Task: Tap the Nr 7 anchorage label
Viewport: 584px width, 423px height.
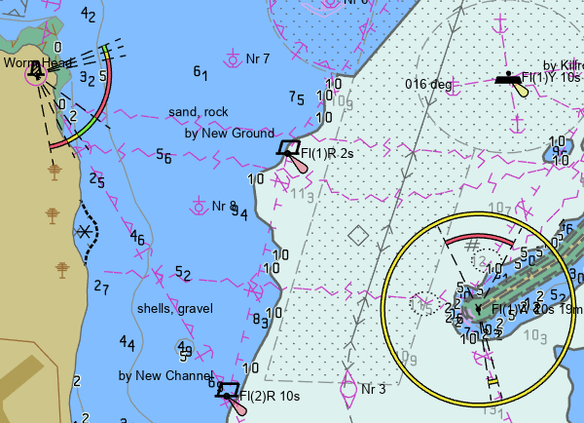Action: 258,58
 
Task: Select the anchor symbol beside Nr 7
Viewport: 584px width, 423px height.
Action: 234,59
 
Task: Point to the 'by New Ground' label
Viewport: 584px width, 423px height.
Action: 229,134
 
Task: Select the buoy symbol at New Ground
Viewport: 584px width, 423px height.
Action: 288,148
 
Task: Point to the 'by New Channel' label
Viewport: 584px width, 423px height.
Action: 165,375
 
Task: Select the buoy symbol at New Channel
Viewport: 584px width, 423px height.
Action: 228,391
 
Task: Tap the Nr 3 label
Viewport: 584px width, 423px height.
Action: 374,389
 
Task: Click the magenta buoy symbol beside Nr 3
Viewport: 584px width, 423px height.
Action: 347,389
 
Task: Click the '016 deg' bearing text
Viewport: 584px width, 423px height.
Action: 428,84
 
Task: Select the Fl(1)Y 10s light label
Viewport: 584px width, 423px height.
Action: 552,76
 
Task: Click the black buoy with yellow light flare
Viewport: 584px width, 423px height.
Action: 509,78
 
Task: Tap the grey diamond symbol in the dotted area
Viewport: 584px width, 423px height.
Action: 358,234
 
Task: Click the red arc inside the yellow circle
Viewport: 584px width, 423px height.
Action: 478,239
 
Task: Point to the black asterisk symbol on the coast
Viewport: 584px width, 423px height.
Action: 87,231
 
